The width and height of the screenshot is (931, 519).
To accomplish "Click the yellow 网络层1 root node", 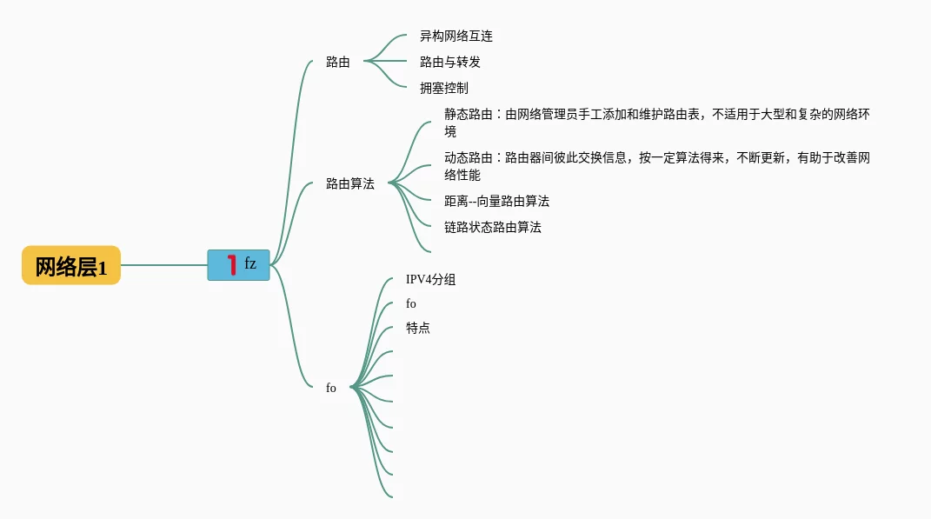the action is [x=71, y=266].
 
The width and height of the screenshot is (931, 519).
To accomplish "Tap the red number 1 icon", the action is [x=231, y=265].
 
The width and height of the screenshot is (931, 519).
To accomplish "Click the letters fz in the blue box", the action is [x=250, y=263].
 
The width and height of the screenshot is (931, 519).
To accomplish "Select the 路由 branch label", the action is [x=338, y=62].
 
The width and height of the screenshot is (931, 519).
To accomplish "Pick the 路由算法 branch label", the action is [x=350, y=183].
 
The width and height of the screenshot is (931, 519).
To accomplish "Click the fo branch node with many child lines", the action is [x=331, y=388].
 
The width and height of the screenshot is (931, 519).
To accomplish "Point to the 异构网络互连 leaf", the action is [x=456, y=36].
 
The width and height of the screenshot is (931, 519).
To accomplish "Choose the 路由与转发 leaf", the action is [x=450, y=62].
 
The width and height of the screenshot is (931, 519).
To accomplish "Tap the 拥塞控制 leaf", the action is [x=444, y=88].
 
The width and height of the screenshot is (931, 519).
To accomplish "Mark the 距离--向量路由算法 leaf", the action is [x=496, y=201].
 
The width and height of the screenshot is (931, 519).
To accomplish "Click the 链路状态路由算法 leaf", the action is [x=493, y=227].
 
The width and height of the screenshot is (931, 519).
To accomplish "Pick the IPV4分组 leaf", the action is [x=430, y=279].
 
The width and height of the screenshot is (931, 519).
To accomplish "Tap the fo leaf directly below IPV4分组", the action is [x=411, y=303].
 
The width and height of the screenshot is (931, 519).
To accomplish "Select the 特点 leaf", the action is [x=418, y=328].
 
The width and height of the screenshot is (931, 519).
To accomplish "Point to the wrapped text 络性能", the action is [x=462, y=175].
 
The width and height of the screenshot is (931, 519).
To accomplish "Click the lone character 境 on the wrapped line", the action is [x=450, y=131].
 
